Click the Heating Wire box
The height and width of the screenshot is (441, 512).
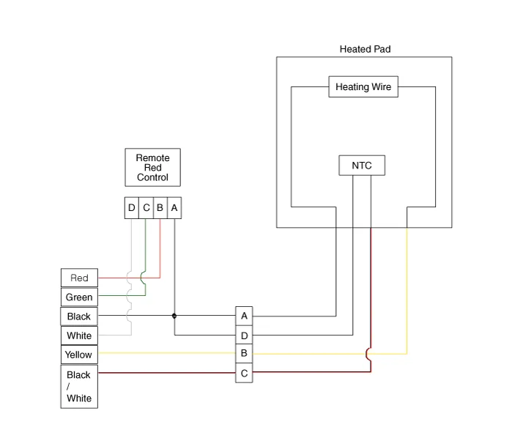(x=363, y=86)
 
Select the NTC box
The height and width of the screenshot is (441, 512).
(x=362, y=166)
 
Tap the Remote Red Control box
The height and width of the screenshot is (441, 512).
(x=152, y=168)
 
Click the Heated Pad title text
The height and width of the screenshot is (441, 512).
(x=365, y=49)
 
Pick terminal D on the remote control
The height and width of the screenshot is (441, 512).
(x=132, y=208)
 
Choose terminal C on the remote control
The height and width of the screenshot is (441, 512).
(x=146, y=208)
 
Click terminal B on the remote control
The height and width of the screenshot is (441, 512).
(x=160, y=208)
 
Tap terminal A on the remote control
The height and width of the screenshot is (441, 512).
(x=174, y=208)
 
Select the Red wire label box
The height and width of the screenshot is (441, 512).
(x=79, y=278)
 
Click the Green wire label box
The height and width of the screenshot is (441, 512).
(x=79, y=297)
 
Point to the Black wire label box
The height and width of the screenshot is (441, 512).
(x=79, y=316)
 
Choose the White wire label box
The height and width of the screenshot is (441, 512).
(x=79, y=336)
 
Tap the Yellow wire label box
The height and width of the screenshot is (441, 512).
(x=79, y=355)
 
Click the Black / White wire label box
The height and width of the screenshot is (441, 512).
(x=79, y=387)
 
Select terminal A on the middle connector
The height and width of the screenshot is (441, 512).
(x=244, y=316)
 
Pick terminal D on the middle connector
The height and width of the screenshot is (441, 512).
(x=244, y=336)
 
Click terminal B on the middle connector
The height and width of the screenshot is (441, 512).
(x=244, y=354)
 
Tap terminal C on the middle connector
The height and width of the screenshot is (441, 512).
(x=244, y=373)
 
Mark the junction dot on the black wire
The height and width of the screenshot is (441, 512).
(x=174, y=316)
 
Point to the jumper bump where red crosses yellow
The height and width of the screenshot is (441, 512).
(x=369, y=354)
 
